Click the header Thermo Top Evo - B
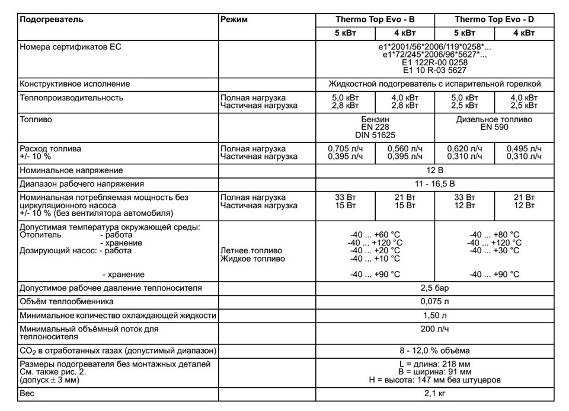point(375,20)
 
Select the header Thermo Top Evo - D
point(494,20)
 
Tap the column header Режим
point(234,20)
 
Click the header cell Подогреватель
point(52,20)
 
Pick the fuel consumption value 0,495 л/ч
point(524,148)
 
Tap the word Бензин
point(375,119)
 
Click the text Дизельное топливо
point(494,119)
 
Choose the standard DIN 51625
point(375,135)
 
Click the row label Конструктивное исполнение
point(75,84)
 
